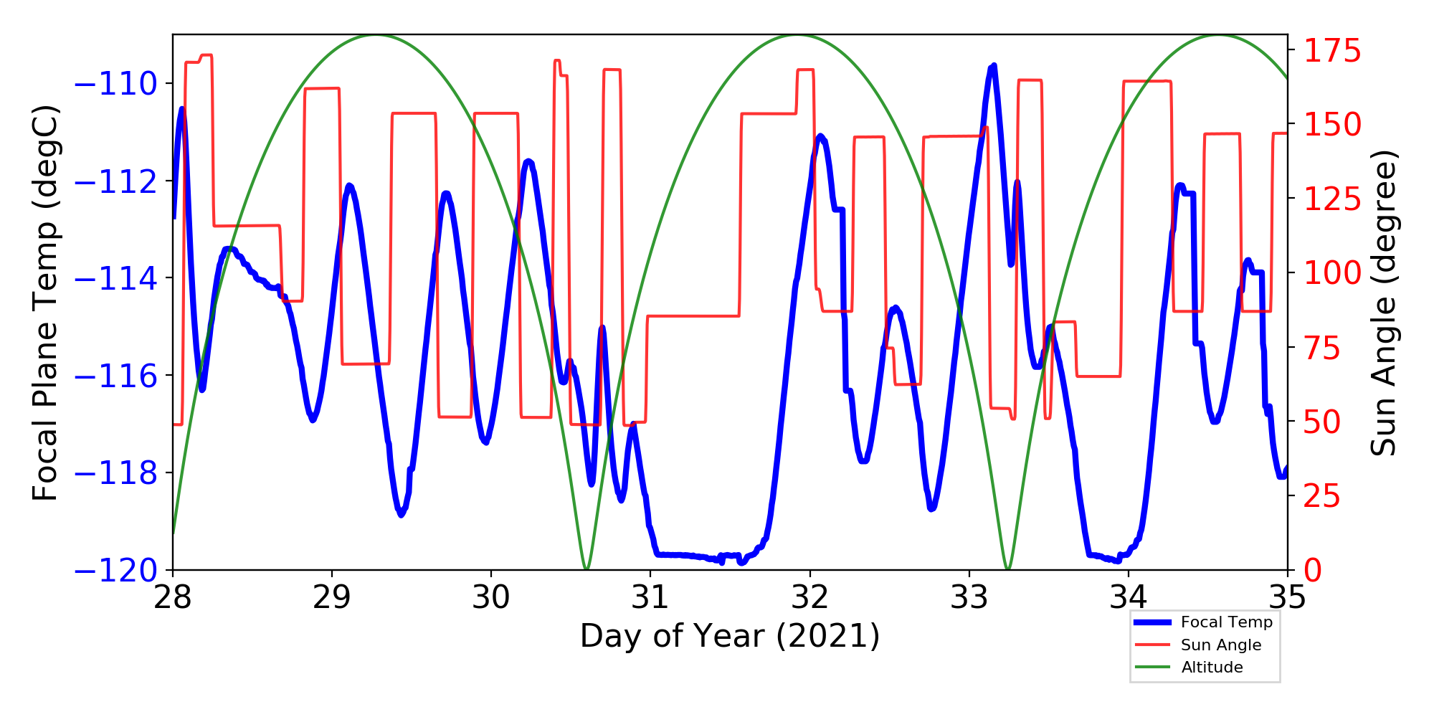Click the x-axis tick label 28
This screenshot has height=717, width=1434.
(173, 597)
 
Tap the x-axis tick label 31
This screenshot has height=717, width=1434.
(650, 597)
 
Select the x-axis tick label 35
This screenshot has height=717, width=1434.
(1288, 597)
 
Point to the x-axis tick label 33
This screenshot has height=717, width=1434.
(969, 597)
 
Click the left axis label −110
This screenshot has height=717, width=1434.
(115, 85)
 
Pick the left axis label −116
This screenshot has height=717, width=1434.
(115, 376)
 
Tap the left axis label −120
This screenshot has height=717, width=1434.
(115, 571)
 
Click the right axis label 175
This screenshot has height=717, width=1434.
(1331, 52)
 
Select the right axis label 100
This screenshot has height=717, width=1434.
(1331, 273)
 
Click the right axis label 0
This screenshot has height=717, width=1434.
(1312, 571)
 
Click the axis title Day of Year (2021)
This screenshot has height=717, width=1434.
(730, 636)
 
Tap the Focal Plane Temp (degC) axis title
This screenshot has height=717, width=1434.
(45, 303)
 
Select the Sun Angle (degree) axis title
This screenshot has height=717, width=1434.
(1382, 303)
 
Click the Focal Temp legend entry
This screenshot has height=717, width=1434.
(1226, 622)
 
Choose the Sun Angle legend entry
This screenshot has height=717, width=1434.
(1220, 645)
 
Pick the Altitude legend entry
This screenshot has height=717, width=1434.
(1212, 668)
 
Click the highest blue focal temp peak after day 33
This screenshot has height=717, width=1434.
(993, 66)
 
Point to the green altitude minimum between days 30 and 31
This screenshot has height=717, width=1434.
(587, 569)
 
